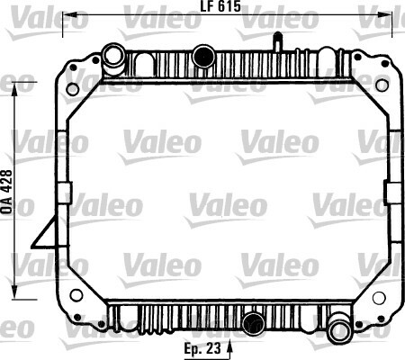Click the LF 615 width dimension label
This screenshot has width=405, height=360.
click(220, 6)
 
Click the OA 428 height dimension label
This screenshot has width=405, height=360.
click(6, 192)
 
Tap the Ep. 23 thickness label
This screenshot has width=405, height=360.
click(202, 348)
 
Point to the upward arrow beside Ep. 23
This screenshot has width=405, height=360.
click(229, 348)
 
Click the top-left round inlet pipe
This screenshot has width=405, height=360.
click(113, 56)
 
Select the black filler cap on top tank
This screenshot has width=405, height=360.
click(203, 56)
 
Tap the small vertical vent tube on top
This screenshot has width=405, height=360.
click(277, 42)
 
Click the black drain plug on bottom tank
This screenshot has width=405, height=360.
click(254, 323)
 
